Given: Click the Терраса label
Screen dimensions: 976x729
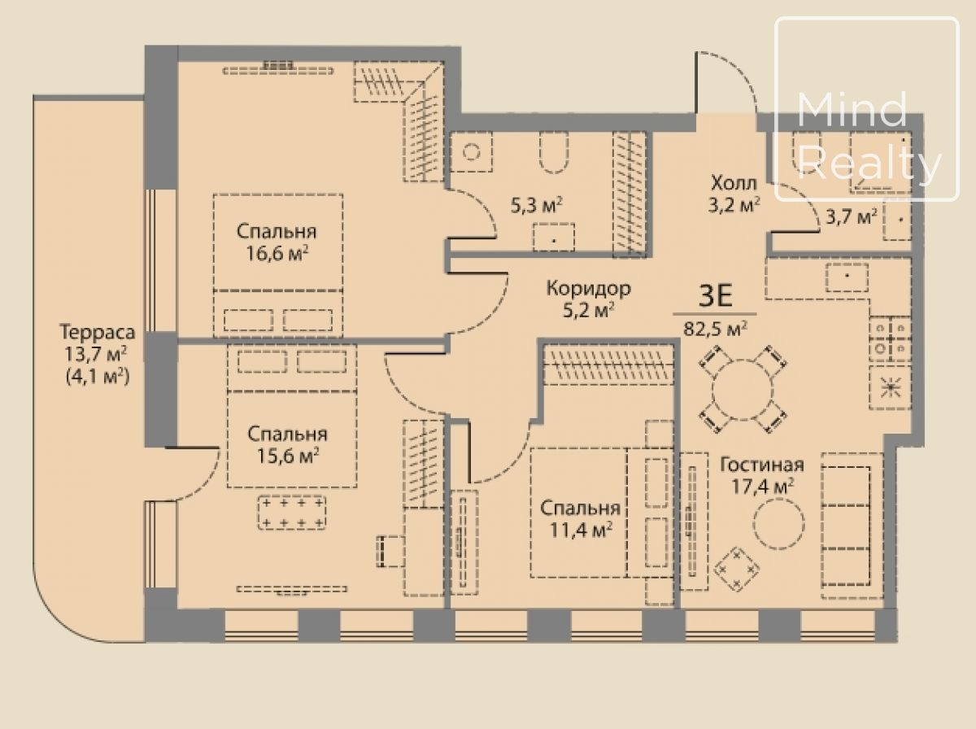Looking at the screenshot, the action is coord(98,333).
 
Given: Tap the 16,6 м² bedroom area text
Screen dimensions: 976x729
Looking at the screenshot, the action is coord(277,255).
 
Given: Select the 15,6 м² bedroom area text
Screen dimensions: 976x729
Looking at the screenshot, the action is coord(288,456).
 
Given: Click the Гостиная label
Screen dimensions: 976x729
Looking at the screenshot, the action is coord(762,465).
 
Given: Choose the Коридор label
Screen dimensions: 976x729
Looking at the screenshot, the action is coord(588,288).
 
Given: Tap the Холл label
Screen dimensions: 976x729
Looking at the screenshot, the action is coord(734,183).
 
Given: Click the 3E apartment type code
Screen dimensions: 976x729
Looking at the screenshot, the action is coord(716,296).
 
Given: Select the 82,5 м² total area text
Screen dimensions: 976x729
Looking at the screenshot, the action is coord(716,330).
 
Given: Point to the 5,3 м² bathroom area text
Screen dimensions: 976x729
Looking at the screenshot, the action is coord(537,206).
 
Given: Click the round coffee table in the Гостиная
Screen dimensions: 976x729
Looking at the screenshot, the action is coord(778,523).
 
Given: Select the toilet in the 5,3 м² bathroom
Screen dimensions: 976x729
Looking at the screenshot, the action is coord(554,153).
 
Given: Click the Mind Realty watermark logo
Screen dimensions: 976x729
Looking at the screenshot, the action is coord(867,109).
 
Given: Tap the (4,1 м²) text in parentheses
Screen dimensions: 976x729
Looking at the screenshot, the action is coord(98,378).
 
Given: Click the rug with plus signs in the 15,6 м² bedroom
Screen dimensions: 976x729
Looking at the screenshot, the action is coord(292,513).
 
